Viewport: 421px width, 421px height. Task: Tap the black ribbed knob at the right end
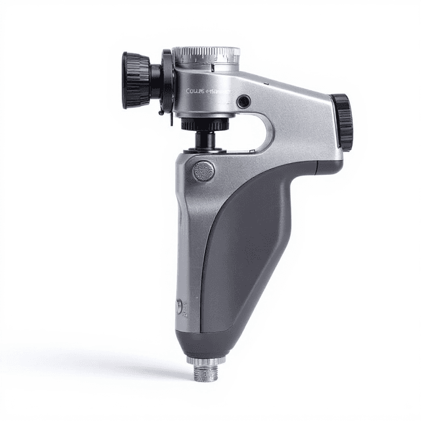click(343, 120)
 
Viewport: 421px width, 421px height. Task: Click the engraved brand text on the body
click(206, 91)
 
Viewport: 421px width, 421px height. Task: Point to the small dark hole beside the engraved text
click(244, 101)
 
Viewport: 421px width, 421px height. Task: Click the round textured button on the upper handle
click(204, 171)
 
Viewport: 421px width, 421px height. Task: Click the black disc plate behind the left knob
click(166, 82)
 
